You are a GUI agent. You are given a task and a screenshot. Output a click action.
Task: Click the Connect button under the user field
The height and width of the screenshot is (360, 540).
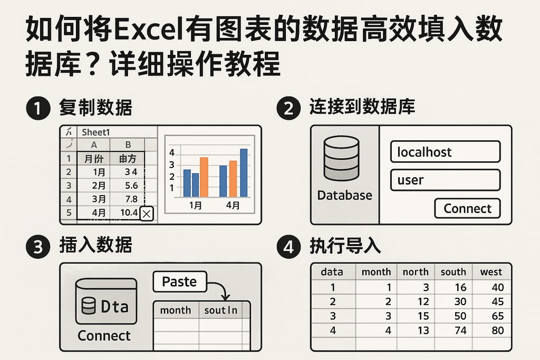click(x=467, y=208)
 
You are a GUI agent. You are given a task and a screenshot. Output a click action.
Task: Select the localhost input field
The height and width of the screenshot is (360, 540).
click(x=445, y=152)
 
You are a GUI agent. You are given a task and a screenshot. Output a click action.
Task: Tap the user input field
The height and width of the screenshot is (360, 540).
click(x=445, y=180)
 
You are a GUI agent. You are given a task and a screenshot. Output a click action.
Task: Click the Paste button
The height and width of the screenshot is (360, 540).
click(x=179, y=281)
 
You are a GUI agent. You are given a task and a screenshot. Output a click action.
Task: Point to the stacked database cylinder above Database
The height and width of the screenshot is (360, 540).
click(x=341, y=158)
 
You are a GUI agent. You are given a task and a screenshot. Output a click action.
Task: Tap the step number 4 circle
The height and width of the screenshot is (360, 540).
click(x=288, y=247)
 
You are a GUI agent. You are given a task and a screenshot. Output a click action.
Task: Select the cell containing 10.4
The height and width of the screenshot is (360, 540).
click(x=129, y=213)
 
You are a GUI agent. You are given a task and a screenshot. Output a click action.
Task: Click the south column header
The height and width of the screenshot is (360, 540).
click(x=453, y=272)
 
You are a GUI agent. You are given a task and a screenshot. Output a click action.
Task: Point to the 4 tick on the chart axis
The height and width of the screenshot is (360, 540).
click(x=171, y=152)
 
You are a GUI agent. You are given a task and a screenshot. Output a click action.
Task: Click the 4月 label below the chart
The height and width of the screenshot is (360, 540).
click(x=233, y=205)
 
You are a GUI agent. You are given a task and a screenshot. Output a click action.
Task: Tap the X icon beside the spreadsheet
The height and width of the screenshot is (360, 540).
click(x=147, y=213)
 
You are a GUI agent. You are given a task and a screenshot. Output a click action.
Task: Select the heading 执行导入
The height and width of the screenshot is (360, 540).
click(x=345, y=246)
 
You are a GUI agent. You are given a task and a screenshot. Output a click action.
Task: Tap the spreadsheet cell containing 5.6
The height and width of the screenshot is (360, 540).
click(x=129, y=186)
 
